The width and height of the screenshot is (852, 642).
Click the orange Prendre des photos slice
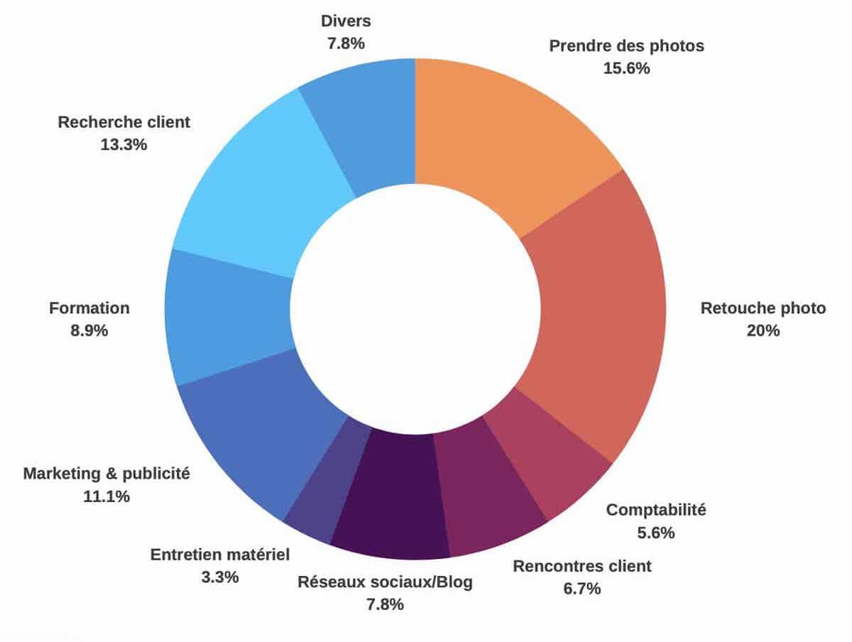click(x=504, y=135)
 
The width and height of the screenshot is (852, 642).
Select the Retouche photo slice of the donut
click(x=596, y=312)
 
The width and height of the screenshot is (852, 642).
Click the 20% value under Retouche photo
click(x=763, y=331)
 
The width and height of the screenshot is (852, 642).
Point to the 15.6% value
click(x=627, y=69)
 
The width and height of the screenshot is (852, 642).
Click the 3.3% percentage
click(x=220, y=577)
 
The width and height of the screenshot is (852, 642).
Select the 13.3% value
click(x=124, y=145)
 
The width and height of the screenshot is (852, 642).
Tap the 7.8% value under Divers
click(x=346, y=43)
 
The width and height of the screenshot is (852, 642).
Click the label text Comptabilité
click(x=657, y=510)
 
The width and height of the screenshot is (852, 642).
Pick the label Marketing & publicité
click(x=106, y=474)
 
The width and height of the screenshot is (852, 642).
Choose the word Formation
click(x=89, y=308)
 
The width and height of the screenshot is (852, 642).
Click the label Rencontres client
click(x=582, y=567)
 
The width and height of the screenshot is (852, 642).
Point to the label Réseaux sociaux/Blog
click(x=385, y=582)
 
